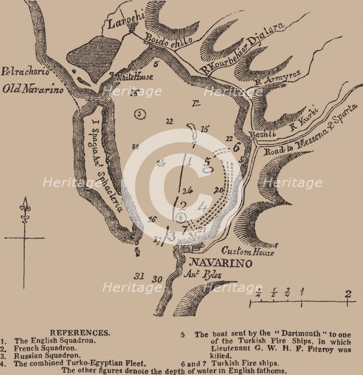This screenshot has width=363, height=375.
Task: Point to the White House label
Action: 134,76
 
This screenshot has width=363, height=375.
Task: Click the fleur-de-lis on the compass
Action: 25,210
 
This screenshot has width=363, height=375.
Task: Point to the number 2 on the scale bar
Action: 348,294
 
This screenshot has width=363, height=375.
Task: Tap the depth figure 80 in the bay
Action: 135,146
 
